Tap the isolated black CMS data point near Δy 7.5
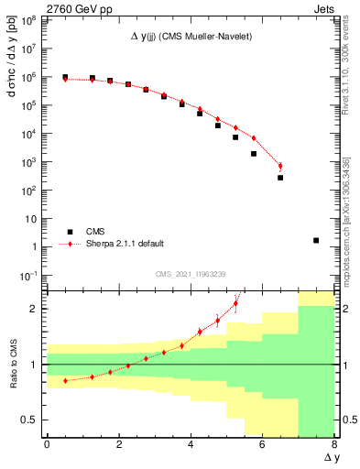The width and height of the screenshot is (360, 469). (x=316, y=240)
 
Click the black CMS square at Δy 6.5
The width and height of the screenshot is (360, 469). (x=280, y=178)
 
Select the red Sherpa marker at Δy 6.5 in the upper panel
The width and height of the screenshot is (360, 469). (x=280, y=166)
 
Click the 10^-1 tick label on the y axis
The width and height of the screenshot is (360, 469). (x=30, y=275)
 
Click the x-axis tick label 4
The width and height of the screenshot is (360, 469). (x=191, y=444)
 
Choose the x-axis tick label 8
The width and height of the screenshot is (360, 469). (x=334, y=444)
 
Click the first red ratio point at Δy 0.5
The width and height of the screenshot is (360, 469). (x=65, y=380)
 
